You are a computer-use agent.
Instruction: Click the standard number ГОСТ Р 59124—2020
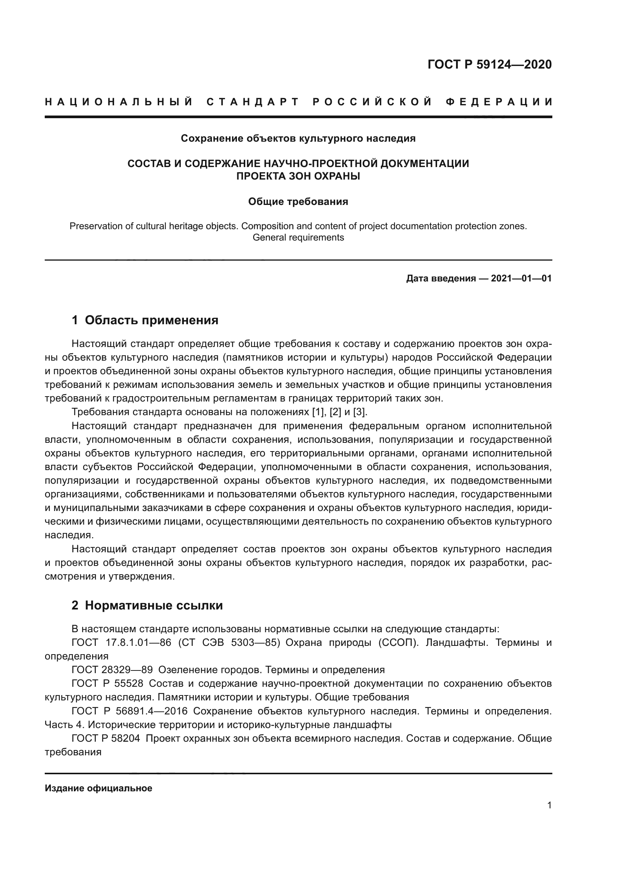[x=489, y=64]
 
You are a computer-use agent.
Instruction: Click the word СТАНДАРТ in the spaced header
[x=253, y=102]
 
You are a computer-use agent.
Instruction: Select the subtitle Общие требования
[x=298, y=202]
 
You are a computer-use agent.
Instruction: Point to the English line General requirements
[x=298, y=238]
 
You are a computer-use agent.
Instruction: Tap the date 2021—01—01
[x=521, y=278]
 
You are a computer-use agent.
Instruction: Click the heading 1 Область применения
[x=145, y=320]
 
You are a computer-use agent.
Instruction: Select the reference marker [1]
[x=317, y=412]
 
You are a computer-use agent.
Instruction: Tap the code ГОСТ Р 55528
[x=107, y=683]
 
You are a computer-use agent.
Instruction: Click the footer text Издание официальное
[x=99, y=788]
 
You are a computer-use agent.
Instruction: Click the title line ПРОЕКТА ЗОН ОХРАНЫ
[x=298, y=177]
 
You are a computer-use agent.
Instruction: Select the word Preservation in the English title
[x=96, y=226]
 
